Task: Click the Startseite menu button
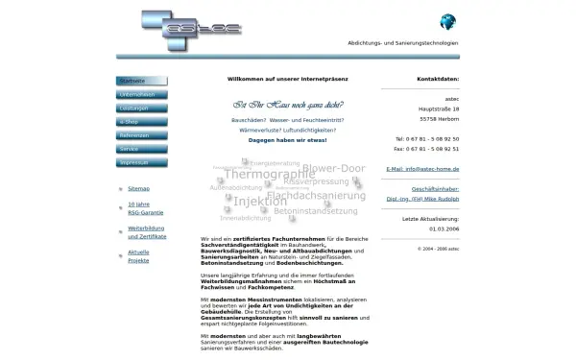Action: coord(141,81)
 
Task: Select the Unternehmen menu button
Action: coord(141,95)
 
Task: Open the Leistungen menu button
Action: coord(141,108)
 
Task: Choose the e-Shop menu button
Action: coord(141,123)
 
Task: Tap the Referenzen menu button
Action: coord(141,136)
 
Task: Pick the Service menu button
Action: coord(141,150)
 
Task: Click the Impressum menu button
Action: coord(141,163)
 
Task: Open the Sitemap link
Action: coord(138,190)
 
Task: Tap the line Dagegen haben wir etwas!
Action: coord(288,139)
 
